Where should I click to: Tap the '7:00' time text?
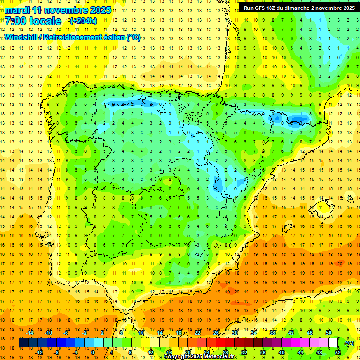17,21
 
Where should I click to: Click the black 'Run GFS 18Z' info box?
299,8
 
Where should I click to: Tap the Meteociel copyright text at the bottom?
200,357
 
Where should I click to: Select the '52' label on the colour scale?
338,352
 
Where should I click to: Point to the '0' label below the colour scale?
92,352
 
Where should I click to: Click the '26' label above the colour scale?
216,333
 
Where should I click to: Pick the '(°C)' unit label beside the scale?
349,343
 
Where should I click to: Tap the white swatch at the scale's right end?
333,343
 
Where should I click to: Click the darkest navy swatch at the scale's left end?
24,343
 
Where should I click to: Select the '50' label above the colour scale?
328,333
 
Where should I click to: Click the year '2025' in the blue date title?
100,10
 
